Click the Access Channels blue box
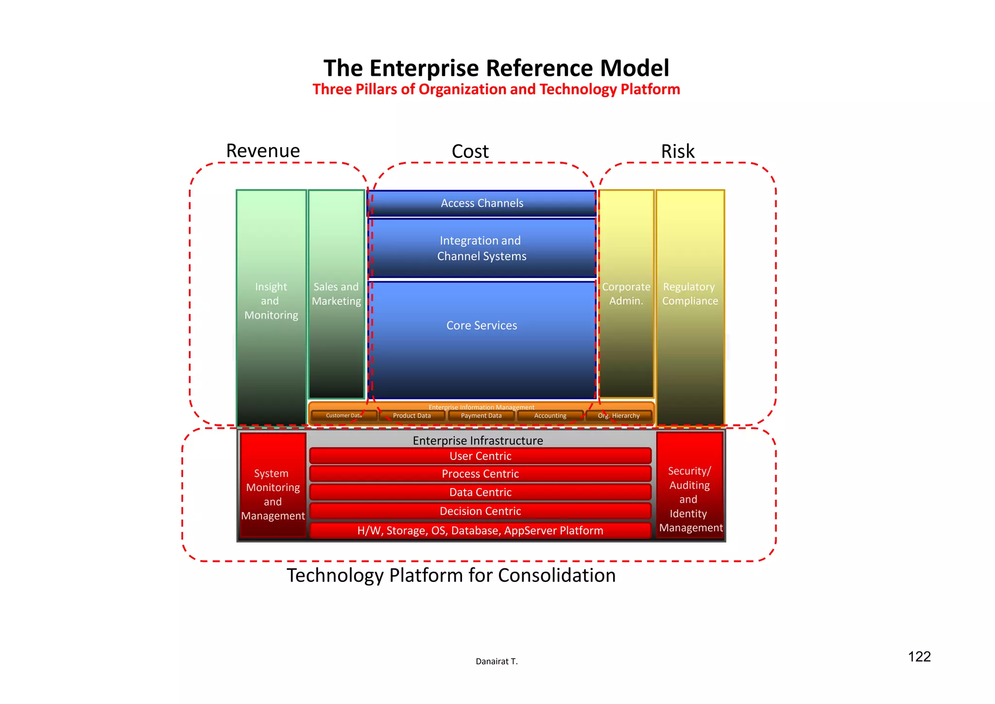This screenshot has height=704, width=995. point(482,203)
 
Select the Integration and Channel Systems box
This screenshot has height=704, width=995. point(481,248)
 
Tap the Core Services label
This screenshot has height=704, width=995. point(481,325)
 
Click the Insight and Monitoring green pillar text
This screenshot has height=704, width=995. point(271,301)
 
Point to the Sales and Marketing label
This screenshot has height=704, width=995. point(336,294)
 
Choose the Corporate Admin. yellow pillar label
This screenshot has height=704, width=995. point(626,294)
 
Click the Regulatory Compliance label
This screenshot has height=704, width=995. point(690,294)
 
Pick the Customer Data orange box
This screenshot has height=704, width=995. point(344,416)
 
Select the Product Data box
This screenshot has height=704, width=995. point(412,416)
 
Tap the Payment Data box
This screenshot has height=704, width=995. point(481,416)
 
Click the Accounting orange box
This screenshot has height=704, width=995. point(550,416)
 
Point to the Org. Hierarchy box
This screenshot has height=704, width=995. point(618,416)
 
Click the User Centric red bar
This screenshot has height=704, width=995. point(480,456)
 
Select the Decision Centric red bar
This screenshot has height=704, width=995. point(480,511)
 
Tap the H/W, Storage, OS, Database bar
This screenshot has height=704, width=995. point(480,530)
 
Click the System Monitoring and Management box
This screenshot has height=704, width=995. point(273,494)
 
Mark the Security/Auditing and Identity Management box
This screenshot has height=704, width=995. point(690,499)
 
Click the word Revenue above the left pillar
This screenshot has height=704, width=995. point(263,151)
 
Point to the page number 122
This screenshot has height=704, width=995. point(919,657)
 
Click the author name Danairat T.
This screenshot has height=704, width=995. point(497,661)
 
